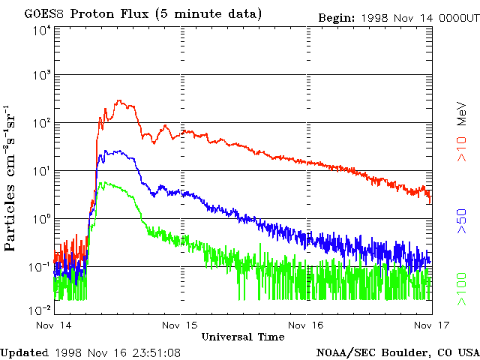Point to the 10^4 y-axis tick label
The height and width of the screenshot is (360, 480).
tap(41, 30)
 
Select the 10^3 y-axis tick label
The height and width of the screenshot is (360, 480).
tap(41, 75)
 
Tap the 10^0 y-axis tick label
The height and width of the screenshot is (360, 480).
tap(41, 218)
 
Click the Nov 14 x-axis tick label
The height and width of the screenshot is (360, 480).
tap(54, 325)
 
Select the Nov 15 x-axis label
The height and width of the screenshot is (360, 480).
tap(181, 325)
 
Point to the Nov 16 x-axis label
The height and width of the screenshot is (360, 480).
tap(307, 325)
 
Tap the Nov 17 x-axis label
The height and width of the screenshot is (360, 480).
tap(433, 325)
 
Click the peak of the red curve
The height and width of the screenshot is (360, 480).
tap(118, 100)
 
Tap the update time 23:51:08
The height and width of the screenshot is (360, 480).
tap(154, 352)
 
